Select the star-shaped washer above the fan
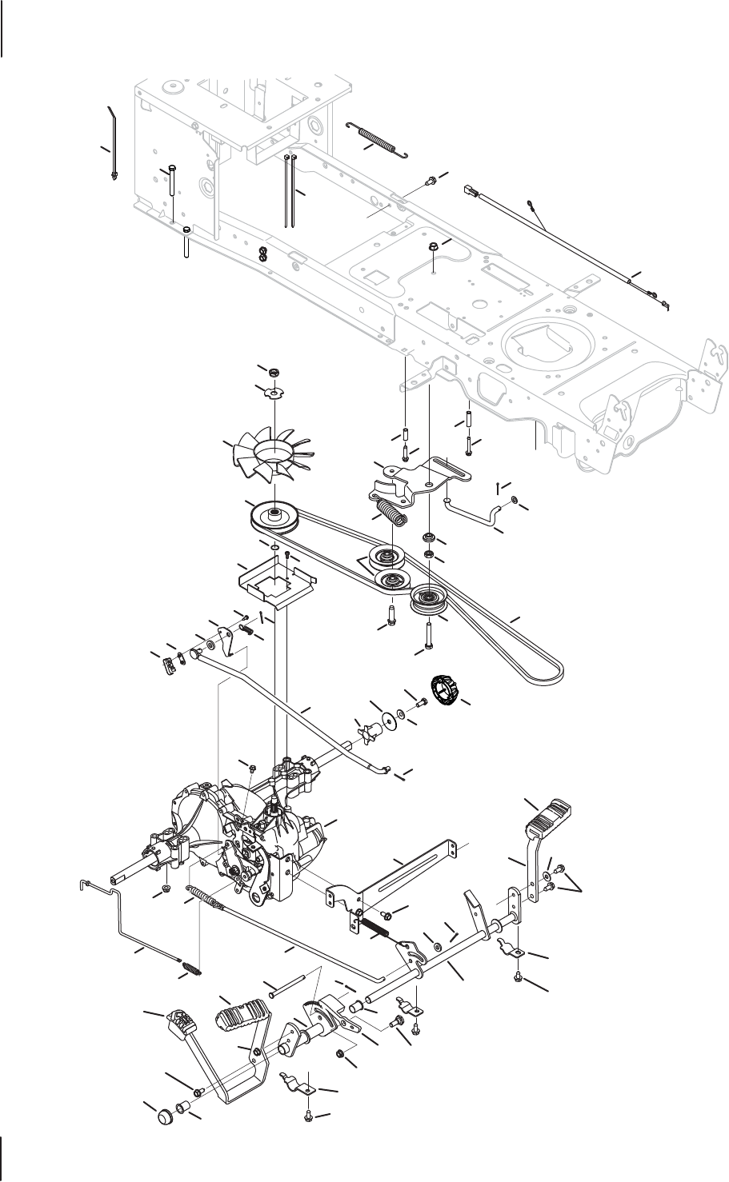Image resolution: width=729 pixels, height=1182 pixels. [x=274, y=392]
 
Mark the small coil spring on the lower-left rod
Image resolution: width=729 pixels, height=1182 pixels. [x=193, y=968]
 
